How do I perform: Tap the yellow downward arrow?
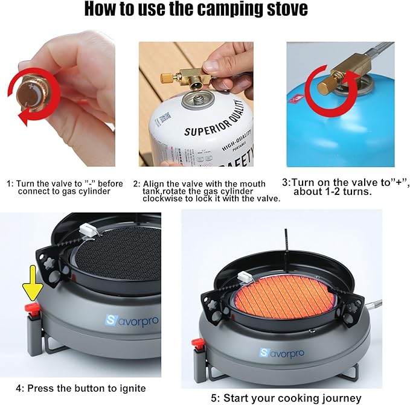30,290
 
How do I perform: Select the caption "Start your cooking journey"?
292,398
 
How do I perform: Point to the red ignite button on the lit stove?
197,345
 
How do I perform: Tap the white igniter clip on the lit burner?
245,278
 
